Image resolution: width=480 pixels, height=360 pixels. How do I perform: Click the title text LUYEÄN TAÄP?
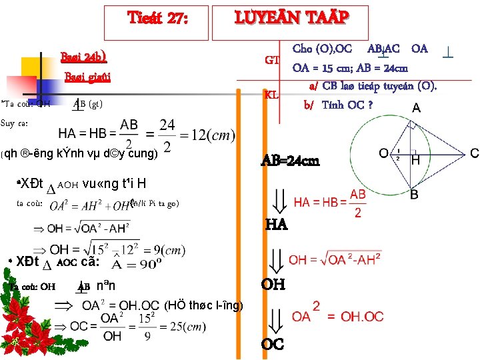point(291,18)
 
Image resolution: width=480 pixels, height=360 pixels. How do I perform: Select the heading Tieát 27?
point(159,19)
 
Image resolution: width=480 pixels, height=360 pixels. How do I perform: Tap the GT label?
point(271,60)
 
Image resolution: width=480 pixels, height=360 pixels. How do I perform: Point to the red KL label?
point(271,94)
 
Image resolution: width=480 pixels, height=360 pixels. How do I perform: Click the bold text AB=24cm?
point(290,161)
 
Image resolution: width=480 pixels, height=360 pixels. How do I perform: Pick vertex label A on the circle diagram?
point(416,108)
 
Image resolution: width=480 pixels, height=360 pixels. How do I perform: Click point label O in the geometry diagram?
point(384,153)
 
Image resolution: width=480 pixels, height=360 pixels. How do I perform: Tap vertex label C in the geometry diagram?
point(474,153)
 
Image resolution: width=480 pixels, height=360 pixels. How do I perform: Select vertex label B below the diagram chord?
point(414,195)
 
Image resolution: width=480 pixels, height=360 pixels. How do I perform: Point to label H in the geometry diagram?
point(415,160)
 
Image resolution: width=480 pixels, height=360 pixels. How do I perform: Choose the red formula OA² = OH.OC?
point(337,314)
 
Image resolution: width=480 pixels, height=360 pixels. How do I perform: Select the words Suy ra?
point(14,123)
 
